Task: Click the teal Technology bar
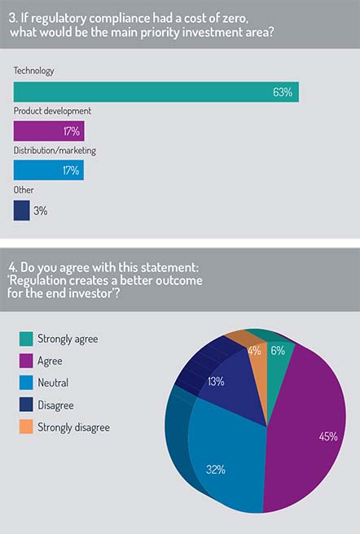(156, 92)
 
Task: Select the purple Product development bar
(49, 131)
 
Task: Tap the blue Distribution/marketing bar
(49, 170)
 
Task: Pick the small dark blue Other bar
(21, 211)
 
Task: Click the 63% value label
(283, 92)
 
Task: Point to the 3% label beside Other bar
(40, 211)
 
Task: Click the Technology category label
(33, 71)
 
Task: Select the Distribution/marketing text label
(55, 151)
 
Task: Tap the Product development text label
(52, 111)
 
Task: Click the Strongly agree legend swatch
(26, 339)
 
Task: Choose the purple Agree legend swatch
(26, 361)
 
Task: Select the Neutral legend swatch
(26, 383)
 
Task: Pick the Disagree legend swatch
(26, 405)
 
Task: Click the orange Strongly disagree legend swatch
(26, 427)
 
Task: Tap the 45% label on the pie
(328, 436)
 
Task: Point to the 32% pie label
(216, 470)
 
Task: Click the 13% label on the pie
(216, 382)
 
